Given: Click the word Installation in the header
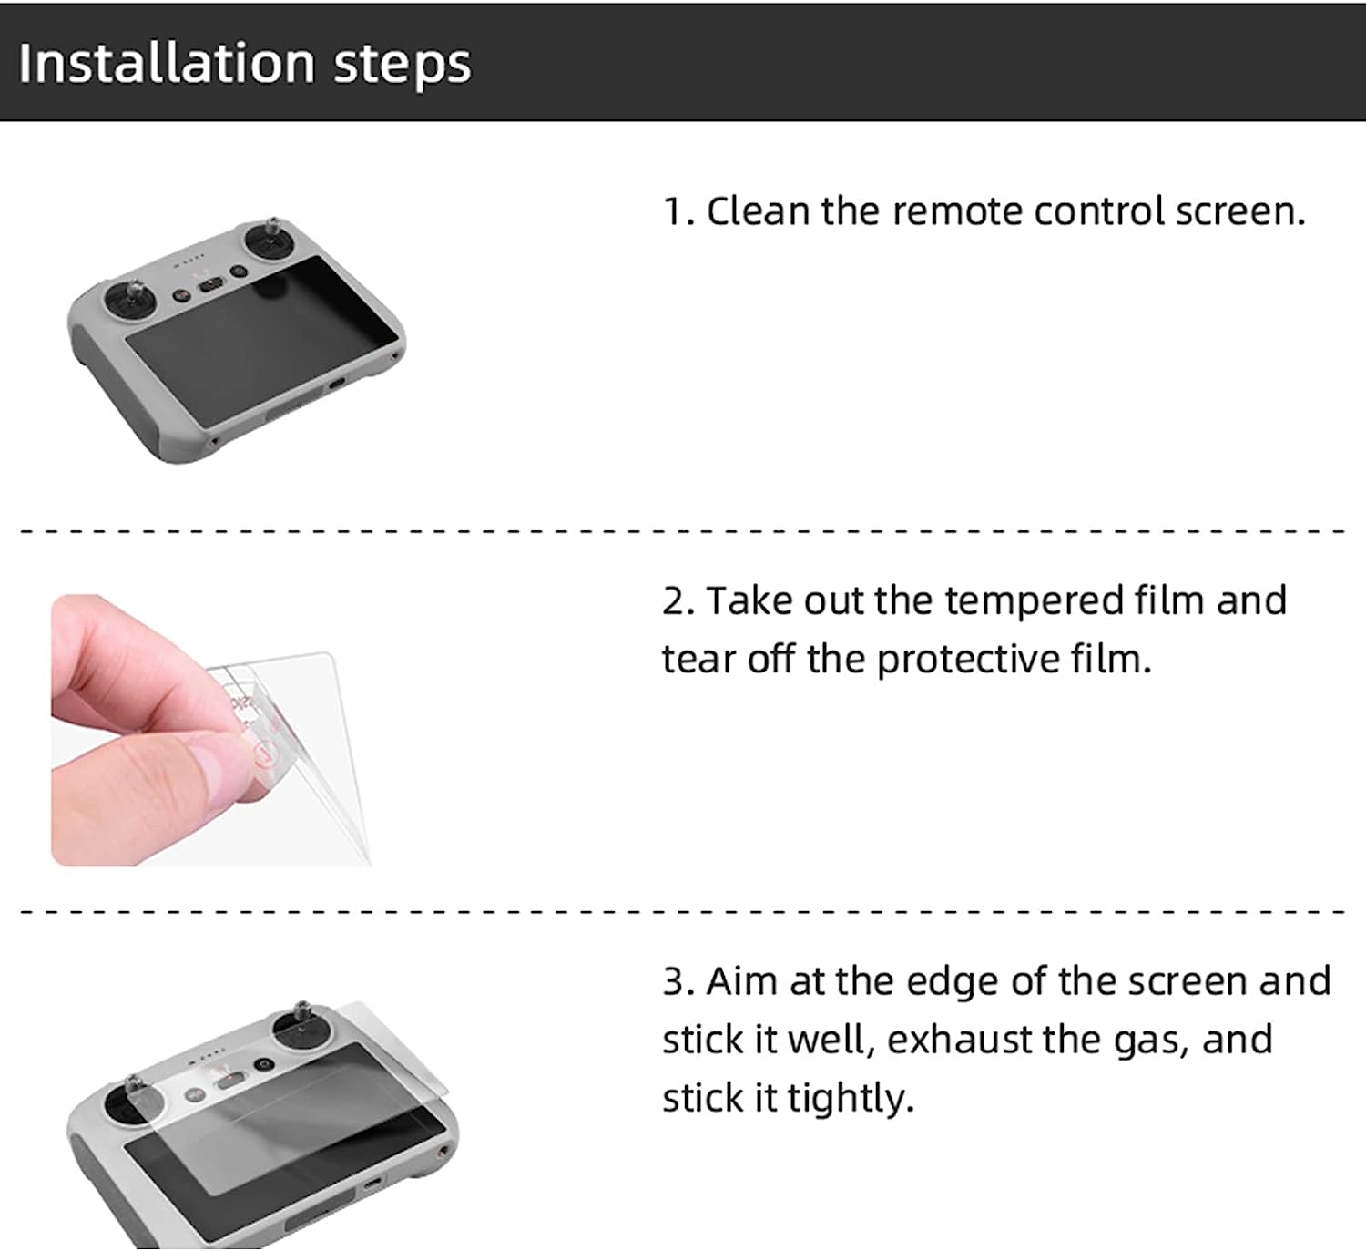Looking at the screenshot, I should click(167, 63).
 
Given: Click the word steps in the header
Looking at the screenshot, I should click(403, 65).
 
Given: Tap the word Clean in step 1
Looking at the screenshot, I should click(758, 211).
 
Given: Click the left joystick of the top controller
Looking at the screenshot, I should click(128, 300).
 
